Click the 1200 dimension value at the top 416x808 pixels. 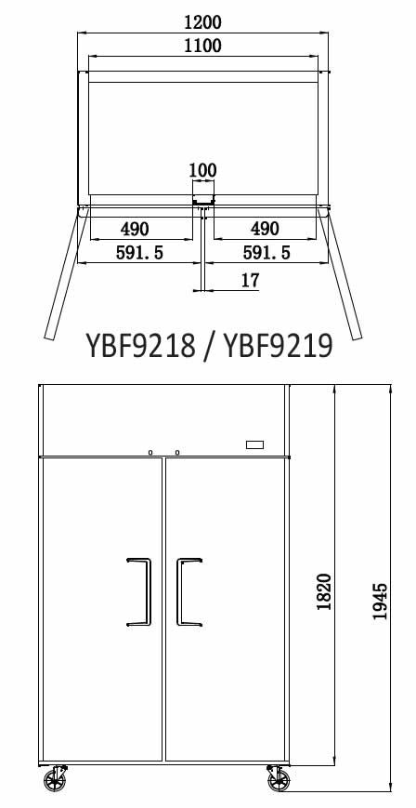click(203, 21)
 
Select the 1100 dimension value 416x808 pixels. click(203, 46)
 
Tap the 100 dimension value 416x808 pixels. click(202, 170)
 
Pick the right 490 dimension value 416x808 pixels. click(265, 229)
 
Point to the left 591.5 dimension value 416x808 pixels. click(139, 252)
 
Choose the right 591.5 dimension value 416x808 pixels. click(266, 252)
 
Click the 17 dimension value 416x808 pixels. click(250, 280)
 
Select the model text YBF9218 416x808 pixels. click(140, 346)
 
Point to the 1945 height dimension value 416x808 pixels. click(379, 602)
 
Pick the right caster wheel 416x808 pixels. click(277, 778)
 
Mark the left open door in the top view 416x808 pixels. click(63, 273)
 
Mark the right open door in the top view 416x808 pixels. click(343, 273)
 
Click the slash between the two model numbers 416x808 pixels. click(208, 346)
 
